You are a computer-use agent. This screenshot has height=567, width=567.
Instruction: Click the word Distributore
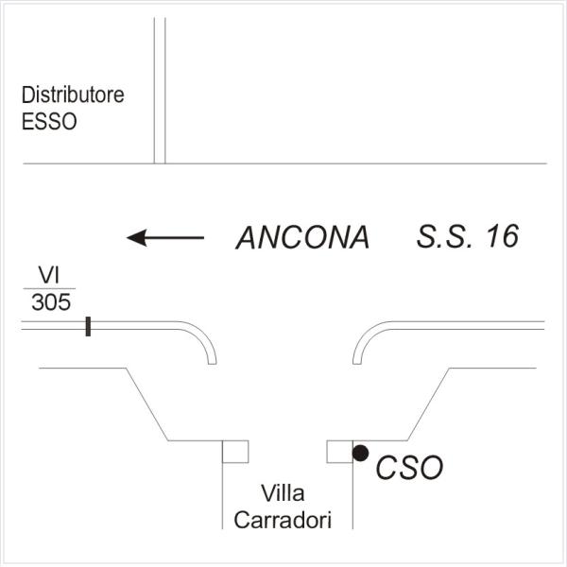pyautogui.click(x=74, y=95)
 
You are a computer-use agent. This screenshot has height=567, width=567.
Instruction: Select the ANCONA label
pyautogui.click(x=302, y=238)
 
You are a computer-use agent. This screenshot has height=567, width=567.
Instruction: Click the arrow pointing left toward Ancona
pyautogui.click(x=165, y=238)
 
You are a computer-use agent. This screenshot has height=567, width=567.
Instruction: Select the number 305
pyautogui.click(x=50, y=302)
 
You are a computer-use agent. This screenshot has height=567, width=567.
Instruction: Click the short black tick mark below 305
pyautogui.click(x=88, y=326)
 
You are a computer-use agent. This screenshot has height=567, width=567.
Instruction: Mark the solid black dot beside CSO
pyautogui.click(x=360, y=454)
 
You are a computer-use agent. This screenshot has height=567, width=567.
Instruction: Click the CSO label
pyautogui.click(x=409, y=467)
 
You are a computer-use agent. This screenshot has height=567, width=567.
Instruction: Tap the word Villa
pyautogui.click(x=282, y=493)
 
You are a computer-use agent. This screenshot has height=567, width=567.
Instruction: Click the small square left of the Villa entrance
pyautogui.click(x=235, y=452)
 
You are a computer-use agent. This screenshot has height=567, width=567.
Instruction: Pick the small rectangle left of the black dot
pyautogui.click(x=339, y=452)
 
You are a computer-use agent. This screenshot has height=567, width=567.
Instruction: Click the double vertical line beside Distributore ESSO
pyautogui.click(x=160, y=90)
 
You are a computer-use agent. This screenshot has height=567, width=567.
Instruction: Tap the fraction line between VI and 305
pyautogui.click(x=50, y=288)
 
